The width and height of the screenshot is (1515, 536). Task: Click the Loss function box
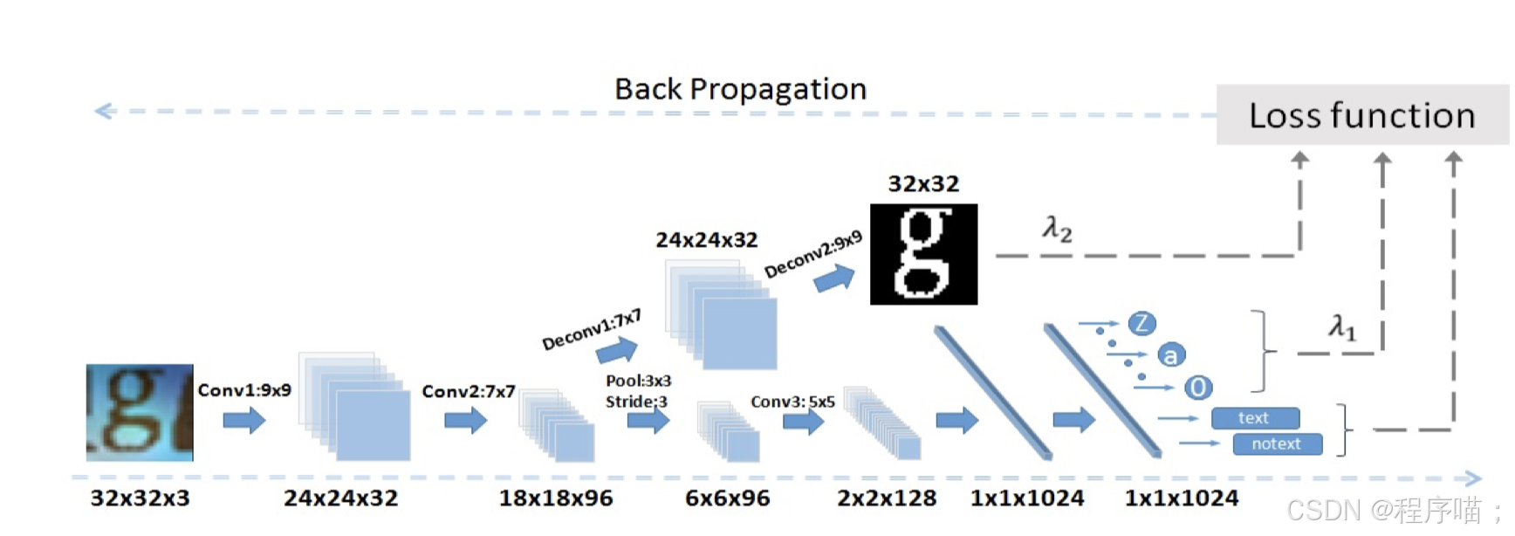click(x=1361, y=115)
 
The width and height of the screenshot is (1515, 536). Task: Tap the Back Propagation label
click(x=740, y=89)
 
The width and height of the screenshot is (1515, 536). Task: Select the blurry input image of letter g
click(x=140, y=412)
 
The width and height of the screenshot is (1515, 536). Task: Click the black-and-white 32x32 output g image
click(x=923, y=254)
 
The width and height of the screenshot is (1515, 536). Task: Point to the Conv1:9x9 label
click(x=244, y=390)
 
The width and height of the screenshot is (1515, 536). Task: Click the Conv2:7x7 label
click(x=469, y=392)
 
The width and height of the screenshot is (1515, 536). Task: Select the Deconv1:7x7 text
click(x=592, y=330)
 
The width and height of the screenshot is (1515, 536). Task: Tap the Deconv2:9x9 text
click(x=813, y=254)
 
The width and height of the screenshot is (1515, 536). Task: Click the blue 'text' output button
click(x=1255, y=418)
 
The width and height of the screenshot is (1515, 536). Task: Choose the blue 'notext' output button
click(x=1277, y=444)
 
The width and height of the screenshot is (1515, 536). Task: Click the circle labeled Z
click(x=1141, y=324)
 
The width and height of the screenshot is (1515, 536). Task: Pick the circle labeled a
click(x=1170, y=355)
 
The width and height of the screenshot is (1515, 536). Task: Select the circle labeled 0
click(x=1198, y=387)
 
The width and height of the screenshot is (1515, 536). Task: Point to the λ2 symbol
click(x=1057, y=229)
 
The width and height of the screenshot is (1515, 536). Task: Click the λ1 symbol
click(x=1342, y=327)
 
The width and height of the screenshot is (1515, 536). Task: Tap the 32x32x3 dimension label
click(x=140, y=498)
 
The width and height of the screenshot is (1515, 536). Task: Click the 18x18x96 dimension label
click(x=556, y=498)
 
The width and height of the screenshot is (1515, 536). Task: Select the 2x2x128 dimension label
click(x=887, y=498)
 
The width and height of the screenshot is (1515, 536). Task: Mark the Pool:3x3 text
click(x=639, y=381)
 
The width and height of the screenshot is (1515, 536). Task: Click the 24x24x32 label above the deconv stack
click(x=707, y=240)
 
